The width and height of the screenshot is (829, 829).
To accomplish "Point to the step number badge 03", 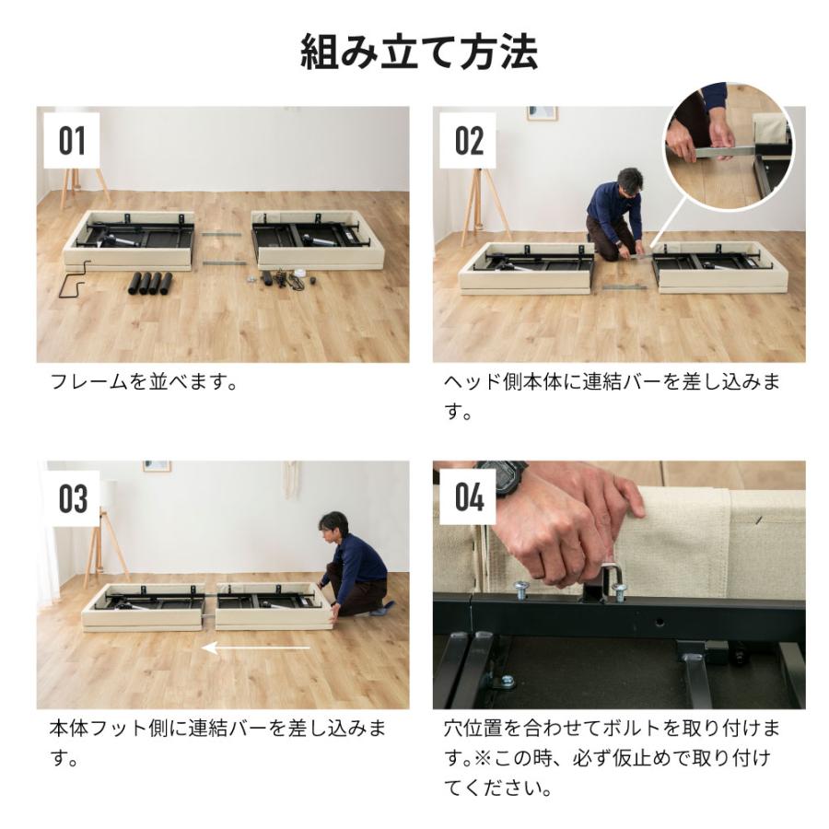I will pos(72,498).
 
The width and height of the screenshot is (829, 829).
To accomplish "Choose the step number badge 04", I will pos(469,498).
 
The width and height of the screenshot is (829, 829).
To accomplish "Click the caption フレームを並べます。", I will pos(144,382).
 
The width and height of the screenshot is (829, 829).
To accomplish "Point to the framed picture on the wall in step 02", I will pos(542,113).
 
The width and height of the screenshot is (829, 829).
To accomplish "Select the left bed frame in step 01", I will pos(129,240).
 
